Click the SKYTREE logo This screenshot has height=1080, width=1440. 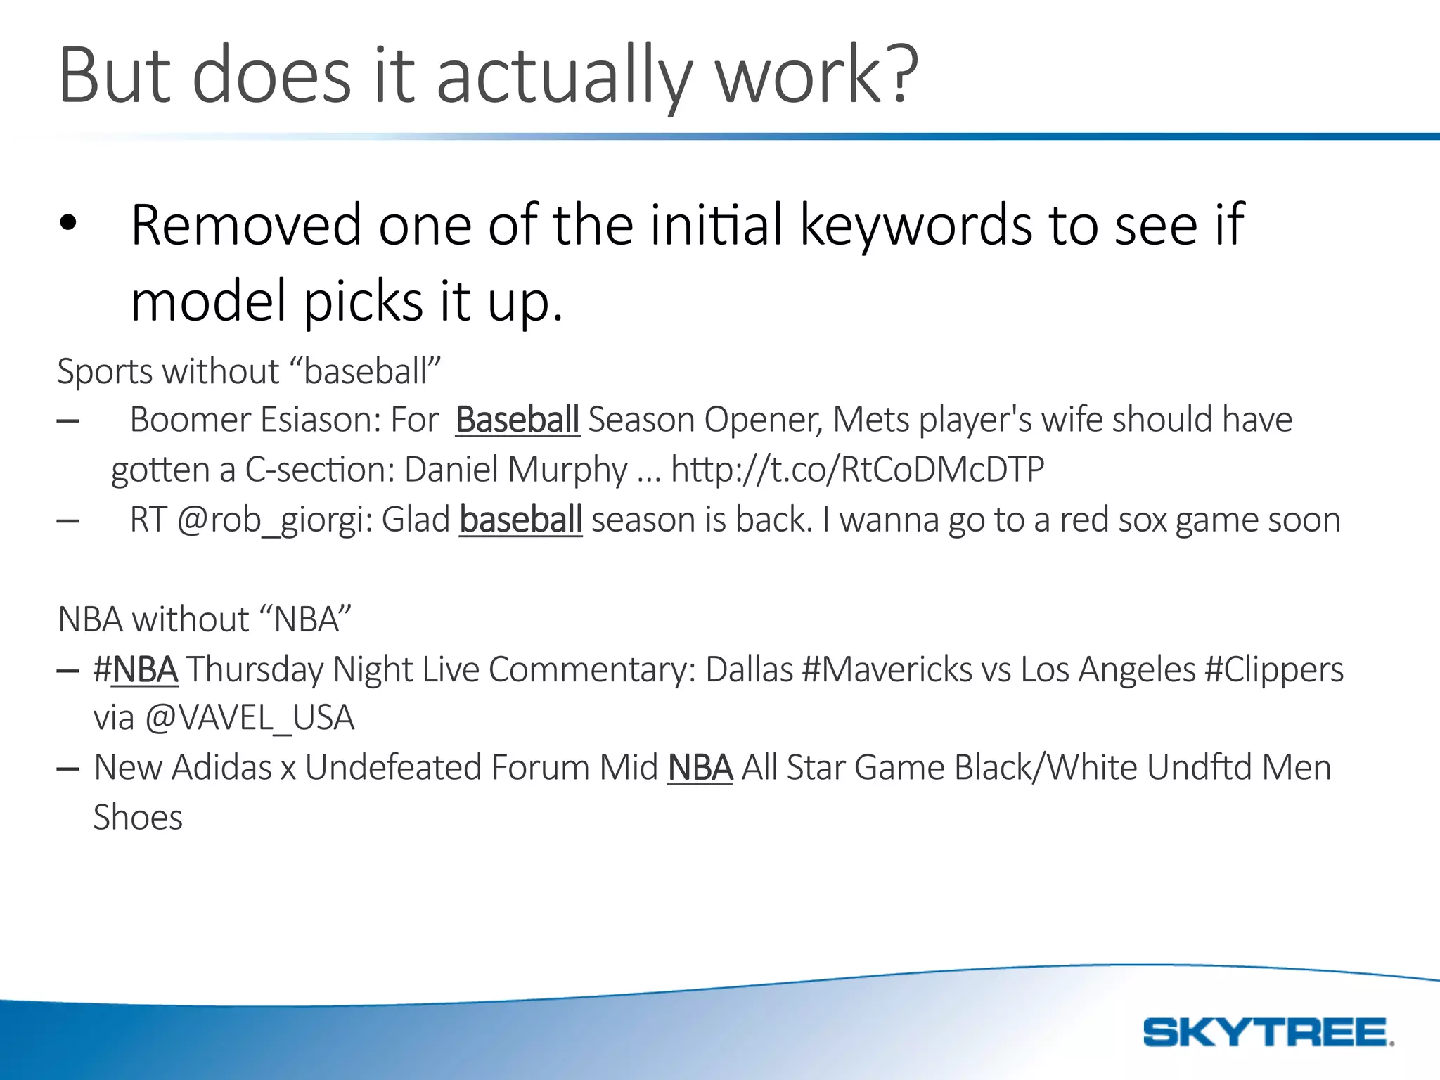click(1268, 1032)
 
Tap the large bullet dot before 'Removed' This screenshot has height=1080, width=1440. click(67, 223)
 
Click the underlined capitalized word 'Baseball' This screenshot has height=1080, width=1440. click(517, 420)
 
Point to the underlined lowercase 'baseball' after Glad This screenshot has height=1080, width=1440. click(520, 520)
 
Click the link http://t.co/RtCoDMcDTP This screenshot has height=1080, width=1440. click(857, 469)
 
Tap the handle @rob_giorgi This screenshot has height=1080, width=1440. click(274, 521)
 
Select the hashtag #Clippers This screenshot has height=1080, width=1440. click(1273, 669)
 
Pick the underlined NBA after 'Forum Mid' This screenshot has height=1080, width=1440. click(700, 768)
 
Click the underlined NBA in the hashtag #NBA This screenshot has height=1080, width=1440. click(145, 669)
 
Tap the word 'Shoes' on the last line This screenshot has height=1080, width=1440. click(138, 818)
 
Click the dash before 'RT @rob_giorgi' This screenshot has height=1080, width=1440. click(67, 521)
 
